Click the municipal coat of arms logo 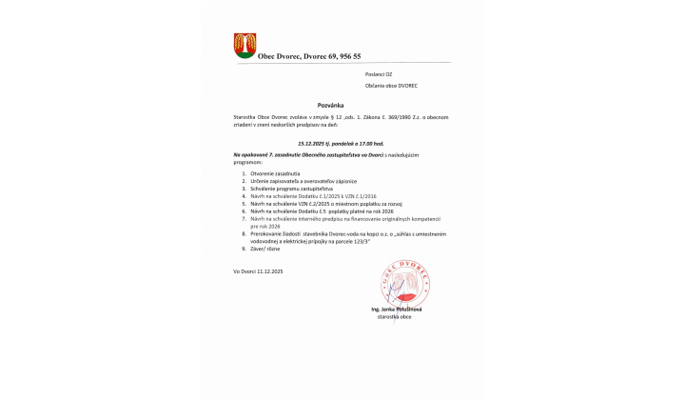(245, 45)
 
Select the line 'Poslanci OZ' (378, 73)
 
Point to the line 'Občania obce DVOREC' (391, 86)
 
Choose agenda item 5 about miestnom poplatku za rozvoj (314, 204)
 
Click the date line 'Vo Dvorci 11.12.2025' (259, 271)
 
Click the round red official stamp (401, 281)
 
